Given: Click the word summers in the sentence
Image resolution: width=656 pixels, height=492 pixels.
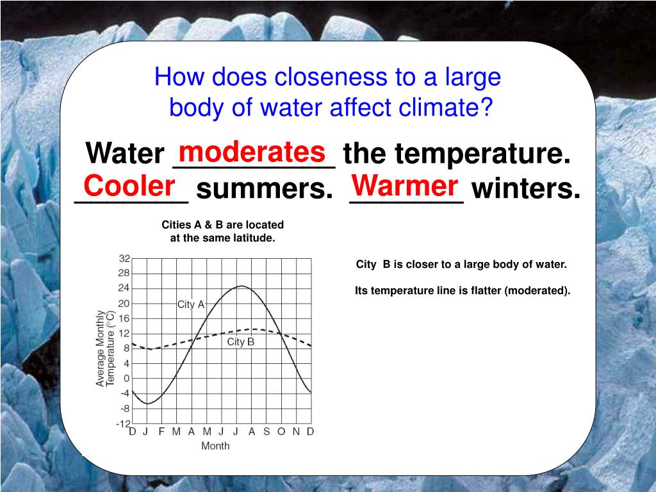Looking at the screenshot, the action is pos(265,189).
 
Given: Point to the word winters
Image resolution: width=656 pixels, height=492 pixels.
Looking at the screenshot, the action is pos(527,188).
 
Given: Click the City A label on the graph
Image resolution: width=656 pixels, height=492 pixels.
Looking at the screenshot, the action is pos(191,304).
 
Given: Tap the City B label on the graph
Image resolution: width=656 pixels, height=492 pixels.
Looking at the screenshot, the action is pos(241,342).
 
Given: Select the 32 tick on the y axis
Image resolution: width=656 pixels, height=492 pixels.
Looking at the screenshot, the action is pos(124,259).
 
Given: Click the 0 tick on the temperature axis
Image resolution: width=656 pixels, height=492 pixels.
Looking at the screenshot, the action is pos(127,378).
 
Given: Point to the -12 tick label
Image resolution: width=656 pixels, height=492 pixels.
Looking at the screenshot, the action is pos(123,423).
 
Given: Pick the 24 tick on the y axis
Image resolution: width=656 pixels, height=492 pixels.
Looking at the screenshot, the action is pos(124,288).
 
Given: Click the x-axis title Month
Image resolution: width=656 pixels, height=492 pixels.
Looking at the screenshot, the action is pos(215,446).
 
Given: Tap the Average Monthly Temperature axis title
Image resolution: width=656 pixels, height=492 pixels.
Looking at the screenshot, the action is pos(104,348).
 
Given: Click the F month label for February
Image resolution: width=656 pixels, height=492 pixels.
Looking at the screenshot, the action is pos(161,431).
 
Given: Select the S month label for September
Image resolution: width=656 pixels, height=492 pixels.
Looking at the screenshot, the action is pos(266,431).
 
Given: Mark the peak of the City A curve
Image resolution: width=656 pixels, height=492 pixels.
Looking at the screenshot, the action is pos(242,286).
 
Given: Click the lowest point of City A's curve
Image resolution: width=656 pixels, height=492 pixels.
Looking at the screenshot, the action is pos(147,404).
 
